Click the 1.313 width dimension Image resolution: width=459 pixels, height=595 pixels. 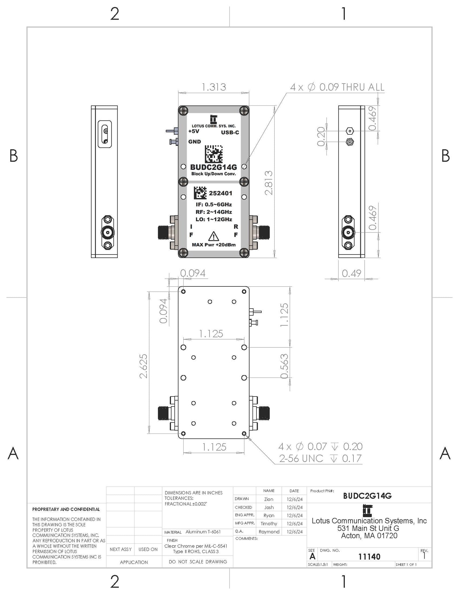(x=214, y=87)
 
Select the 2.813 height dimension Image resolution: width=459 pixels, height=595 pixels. (x=269, y=183)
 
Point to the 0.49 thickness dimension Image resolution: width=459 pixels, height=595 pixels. (x=351, y=273)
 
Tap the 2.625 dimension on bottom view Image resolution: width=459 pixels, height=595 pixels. (x=143, y=366)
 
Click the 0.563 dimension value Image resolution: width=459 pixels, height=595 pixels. (x=284, y=366)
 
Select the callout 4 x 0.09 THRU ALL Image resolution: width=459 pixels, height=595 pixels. (x=337, y=87)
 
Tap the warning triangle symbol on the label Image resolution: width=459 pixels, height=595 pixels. (x=213, y=236)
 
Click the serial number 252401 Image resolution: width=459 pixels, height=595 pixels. (x=220, y=193)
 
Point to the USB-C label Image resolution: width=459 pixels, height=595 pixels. (x=230, y=132)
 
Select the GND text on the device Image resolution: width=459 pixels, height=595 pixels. (x=195, y=142)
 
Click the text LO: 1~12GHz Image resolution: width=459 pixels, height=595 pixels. (x=214, y=219)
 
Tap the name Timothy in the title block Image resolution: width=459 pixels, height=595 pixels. (x=269, y=523)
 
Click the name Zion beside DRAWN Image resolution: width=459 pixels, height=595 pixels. (x=269, y=499)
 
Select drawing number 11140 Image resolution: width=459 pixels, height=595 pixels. (x=369, y=557)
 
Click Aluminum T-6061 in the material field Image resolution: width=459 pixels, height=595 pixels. (x=203, y=532)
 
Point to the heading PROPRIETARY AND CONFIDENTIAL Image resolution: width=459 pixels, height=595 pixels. (x=66, y=509)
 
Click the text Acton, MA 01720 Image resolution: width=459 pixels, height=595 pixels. (x=369, y=536)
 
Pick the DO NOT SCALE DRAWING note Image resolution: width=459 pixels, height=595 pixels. (x=198, y=562)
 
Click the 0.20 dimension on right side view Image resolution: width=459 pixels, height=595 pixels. (x=321, y=136)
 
